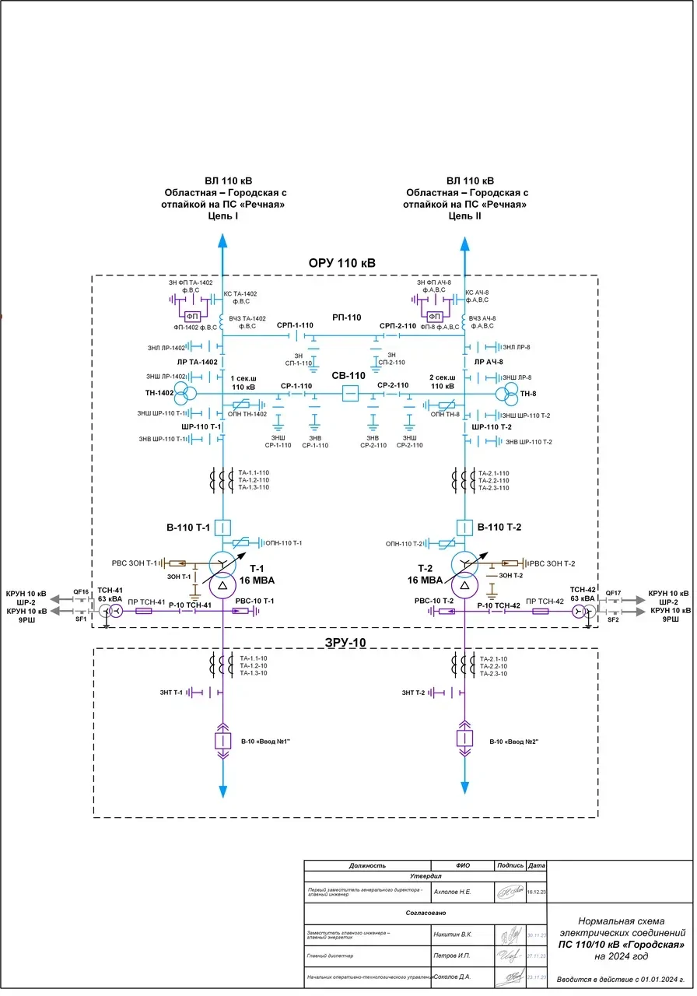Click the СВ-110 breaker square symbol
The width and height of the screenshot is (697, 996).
351,395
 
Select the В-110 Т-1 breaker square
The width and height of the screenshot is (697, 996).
223,527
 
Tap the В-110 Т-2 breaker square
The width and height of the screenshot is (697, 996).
465,527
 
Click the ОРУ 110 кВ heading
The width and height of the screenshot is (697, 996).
342,263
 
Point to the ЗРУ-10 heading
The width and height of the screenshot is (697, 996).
345,642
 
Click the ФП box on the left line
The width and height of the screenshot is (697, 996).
192,316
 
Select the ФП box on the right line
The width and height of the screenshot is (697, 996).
435,316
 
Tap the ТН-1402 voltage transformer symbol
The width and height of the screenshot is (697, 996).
184,393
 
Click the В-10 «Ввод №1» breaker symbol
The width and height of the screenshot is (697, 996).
223,739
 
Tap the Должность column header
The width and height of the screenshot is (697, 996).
367,865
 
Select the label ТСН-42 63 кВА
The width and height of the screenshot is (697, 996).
582,594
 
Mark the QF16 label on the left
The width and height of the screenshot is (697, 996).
81,592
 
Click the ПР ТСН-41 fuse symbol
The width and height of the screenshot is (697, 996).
144,612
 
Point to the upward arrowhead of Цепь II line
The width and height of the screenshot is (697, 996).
465,244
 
